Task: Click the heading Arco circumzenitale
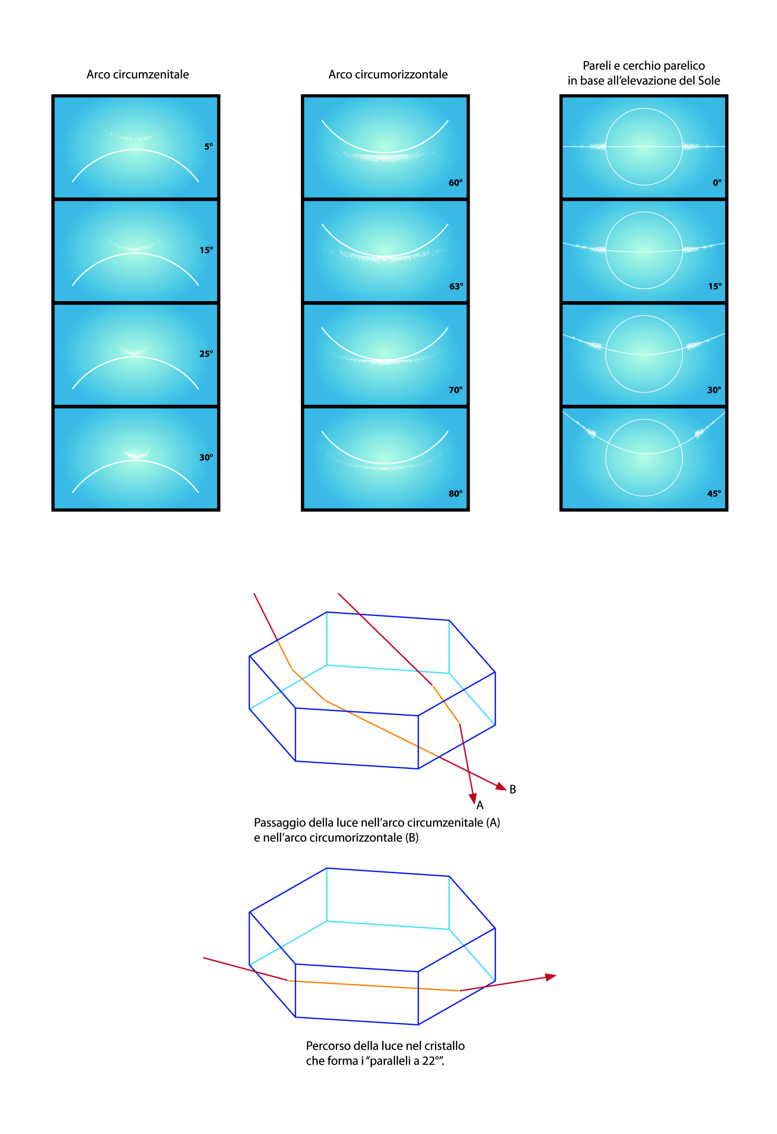click(138, 74)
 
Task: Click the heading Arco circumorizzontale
click(388, 74)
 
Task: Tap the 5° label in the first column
click(208, 146)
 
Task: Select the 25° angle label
click(206, 354)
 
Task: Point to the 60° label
click(455, 183)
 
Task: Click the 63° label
click(456, 286)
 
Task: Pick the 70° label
click(455, 390)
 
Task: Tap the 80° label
click(455, 493)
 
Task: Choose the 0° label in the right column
click(717, 183)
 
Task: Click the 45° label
click(714, 493)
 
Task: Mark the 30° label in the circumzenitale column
click(206, 457)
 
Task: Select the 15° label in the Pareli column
click(714, 286)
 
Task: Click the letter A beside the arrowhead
click(480, 805)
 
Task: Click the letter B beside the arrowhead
click(513, 789)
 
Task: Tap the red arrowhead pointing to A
click(472, 798)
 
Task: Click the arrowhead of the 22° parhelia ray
click(551, 977)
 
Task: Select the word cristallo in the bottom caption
click(444, 1046)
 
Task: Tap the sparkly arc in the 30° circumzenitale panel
click(136, 453)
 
